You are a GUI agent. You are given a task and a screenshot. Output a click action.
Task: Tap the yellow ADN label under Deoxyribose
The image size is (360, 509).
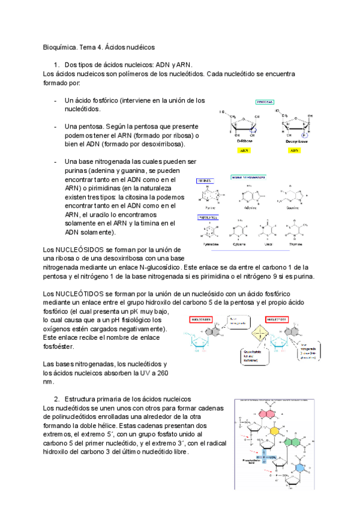(x=294, y=151)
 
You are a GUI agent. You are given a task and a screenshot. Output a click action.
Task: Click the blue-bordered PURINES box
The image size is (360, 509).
(x=208, y=180)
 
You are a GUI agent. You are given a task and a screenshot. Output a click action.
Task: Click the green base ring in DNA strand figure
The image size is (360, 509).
(x=294, y=442)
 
